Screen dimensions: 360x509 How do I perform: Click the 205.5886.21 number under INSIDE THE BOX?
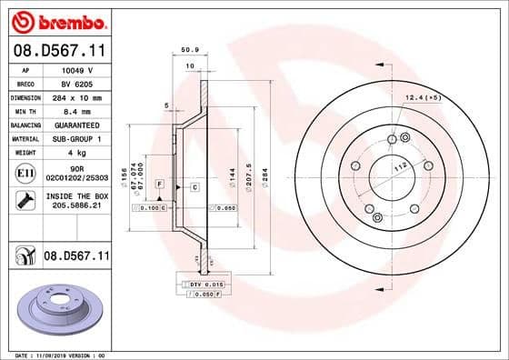point(75,206)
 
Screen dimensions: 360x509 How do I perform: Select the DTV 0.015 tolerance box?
point(194,285)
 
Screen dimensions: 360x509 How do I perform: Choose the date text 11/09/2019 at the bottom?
point(53,355)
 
